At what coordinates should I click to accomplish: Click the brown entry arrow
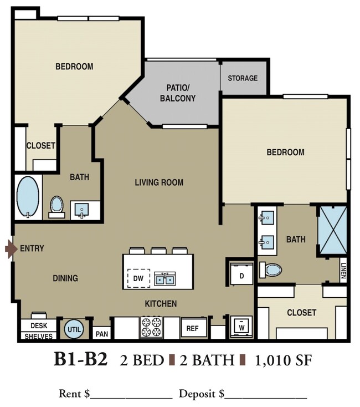point(9,249)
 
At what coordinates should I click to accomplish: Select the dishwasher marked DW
point(138,278)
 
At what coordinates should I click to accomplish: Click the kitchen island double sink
point(164,279)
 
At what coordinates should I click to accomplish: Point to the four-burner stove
point(151,327)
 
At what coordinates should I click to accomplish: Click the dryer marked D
point(241,274)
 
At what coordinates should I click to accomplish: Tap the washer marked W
point(241,327)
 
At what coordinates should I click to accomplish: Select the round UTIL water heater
point(74,329)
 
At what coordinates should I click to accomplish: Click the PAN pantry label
point(102,334)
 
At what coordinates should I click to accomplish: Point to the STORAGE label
point(243,78)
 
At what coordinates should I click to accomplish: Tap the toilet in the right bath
point(271,269)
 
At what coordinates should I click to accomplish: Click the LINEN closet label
point(343,270)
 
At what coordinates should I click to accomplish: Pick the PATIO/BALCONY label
point(178,93)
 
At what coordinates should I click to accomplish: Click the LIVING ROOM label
point(159,182)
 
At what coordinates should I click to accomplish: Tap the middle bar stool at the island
point(158,251)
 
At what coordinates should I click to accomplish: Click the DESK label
point(39,325)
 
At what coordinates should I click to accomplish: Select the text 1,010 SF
point(284,360)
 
